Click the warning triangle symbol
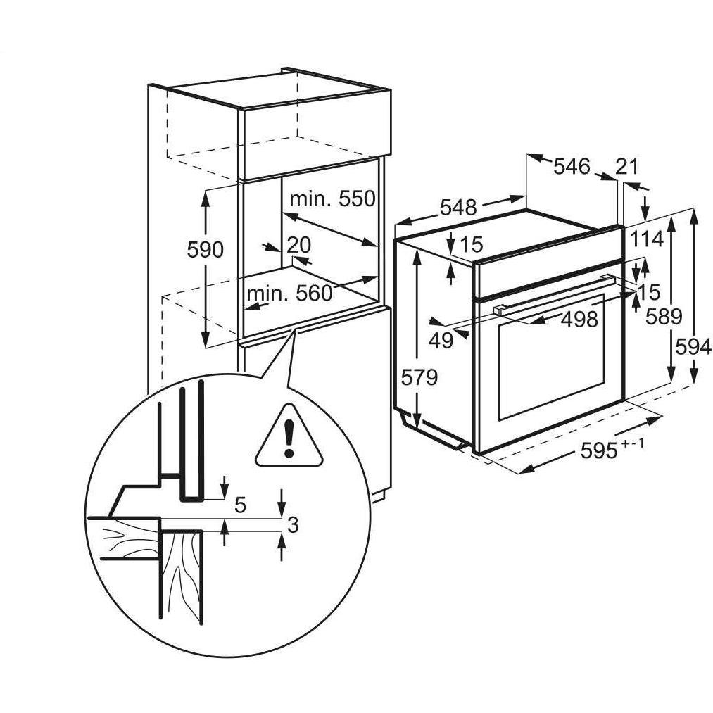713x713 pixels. [x=289, y=437]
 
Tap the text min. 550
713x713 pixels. [x=332, y=199]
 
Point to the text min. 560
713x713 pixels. [x=289, y=293]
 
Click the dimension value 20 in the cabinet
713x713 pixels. [x=298, y=244]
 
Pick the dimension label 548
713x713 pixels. [x=458, y=208]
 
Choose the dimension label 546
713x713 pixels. [x=571, y=167]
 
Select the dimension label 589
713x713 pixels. [x=664, y=317]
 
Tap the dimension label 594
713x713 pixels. [x=693, y=346]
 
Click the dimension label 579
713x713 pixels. [x=419, y=377]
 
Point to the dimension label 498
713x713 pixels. [x=579, y=320]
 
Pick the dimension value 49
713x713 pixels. [x=441, y=341]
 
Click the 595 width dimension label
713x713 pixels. [x=603, y=451]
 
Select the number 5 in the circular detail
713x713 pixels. [x=239, y=505]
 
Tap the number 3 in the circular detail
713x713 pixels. [x=294, y=524]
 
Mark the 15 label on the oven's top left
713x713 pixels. [x=472, y=244]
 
